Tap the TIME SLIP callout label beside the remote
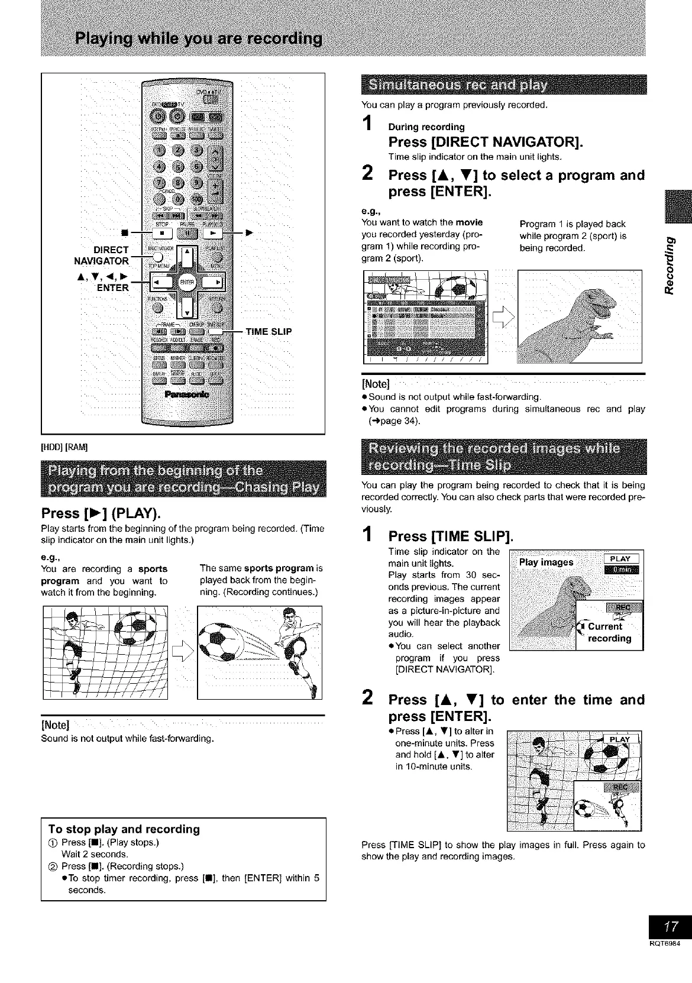(269, 331)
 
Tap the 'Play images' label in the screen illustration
(546, 562)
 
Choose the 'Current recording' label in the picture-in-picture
(609, 632)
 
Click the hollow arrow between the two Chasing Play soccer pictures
(182, 652)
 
